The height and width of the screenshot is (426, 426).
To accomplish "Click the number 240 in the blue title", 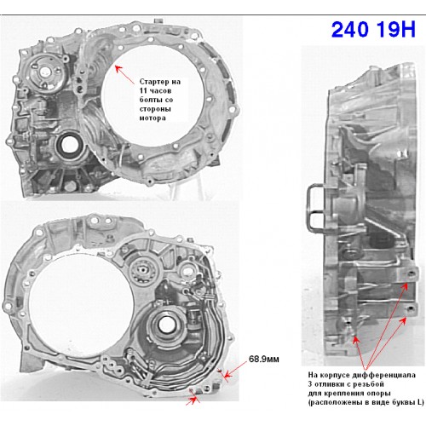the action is point(350,29).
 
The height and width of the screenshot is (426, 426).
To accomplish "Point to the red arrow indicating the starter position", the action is point(124,74).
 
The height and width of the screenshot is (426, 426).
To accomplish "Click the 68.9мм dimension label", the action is point(264,360).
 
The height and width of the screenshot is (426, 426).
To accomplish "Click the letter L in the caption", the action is point(419,402).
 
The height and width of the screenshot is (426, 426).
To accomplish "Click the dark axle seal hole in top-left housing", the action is point(69,146).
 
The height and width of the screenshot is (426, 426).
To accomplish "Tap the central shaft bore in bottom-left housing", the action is point(165,324).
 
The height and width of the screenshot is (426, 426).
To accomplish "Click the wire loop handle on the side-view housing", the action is point(308,208).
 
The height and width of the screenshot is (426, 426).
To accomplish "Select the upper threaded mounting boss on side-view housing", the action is point(410,274).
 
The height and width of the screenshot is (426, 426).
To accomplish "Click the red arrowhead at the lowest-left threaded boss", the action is point(355,339).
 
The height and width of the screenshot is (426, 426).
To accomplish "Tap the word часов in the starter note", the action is point(160,91).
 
